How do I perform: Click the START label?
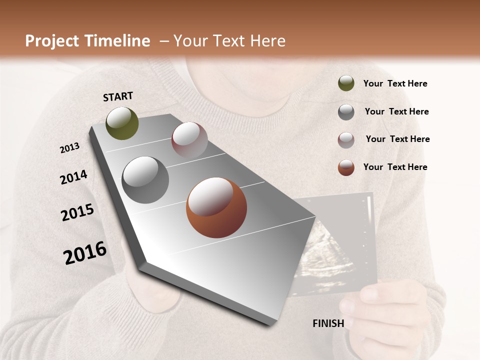click(x=118, y=96)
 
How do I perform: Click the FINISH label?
click(x=328, y=323)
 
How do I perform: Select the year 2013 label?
click(x=69, y=148)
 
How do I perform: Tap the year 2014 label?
click(x=73, y=177)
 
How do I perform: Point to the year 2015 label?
click(x=77, y=212)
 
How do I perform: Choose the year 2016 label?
click(x=85, y=252)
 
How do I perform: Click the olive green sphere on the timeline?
click(x=122, y=123)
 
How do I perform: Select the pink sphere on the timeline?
click(x=189, y=140)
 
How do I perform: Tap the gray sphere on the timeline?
click(x=145, y=180)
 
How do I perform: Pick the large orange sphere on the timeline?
click(x=216, y=207)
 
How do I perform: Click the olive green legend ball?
click(x=346, y=83)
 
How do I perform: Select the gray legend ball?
click(x=346, y=112)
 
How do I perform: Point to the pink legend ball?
click(x=346, y=140)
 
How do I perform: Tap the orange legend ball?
click(x=346, y=167)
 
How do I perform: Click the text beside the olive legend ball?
click(x=395, y=84)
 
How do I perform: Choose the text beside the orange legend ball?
click(x=395, y=167)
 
